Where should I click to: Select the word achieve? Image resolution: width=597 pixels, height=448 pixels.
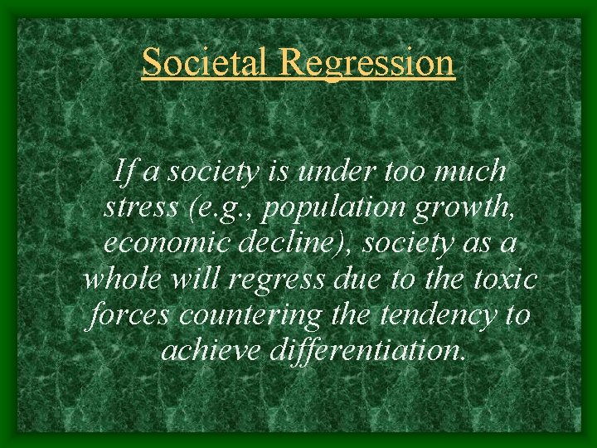click(x=212, y=350)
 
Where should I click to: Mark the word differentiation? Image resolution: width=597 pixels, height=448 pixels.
click(x=367, y=350)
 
